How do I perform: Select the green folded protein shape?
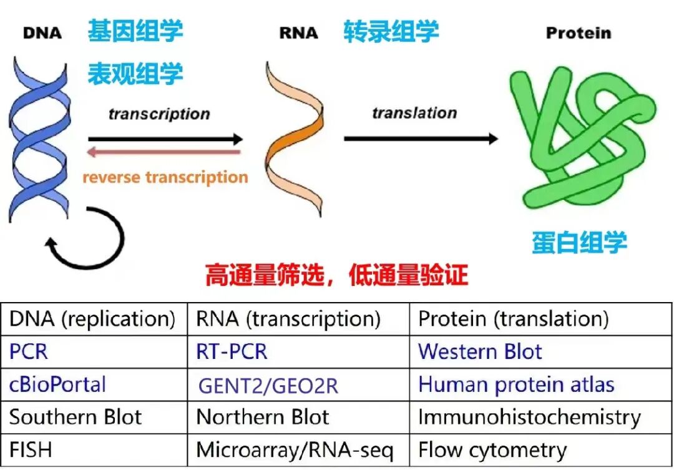click(x=580, y=137)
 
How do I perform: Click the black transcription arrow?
click(x=165, y=139)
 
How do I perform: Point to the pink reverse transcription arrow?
click(x=164, y=152)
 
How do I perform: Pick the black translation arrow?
click(x=421, y=139)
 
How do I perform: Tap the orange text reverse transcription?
click(x=165, y=177)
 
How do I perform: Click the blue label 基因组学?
click(x=135, y=31)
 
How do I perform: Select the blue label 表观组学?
click(x=135, y=73)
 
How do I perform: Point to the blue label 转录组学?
click(x=391, y=31)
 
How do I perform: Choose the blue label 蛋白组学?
click(x=579, y=242)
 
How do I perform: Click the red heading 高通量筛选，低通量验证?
click(x=336, y=275)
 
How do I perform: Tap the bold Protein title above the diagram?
click(x=579, y=32)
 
